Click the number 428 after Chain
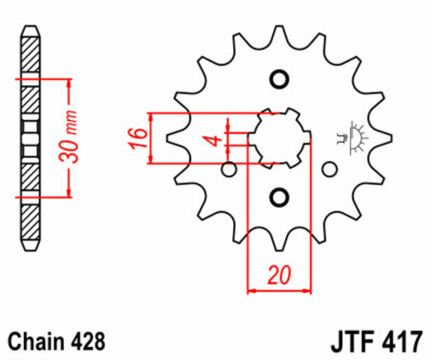(86, 342)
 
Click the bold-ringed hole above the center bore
(279, 79)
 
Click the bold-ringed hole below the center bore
(279, 196)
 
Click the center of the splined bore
(279, 137)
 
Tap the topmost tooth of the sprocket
(279, 34)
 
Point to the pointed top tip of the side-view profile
(30, 28)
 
